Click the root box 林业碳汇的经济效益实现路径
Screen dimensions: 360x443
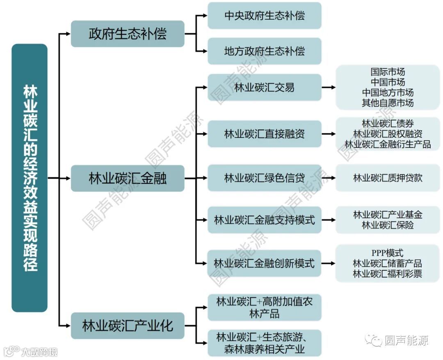click(x=30, y=178)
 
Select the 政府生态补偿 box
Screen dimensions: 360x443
click(x=128, y=34)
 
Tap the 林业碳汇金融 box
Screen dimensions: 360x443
click(x=128, y=178)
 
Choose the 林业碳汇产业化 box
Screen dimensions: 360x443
click(x=128, y=326)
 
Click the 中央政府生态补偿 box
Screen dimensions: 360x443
click(x=264, y=16)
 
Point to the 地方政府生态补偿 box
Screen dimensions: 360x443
click(x=264, y=51)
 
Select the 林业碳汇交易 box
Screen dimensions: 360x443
click(x=264, y=87)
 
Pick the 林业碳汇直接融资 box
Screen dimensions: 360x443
click(x=264, y=134)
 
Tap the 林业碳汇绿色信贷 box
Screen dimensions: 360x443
click(x=264, y=178)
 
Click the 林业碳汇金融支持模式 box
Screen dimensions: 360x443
click(x=264, y=220)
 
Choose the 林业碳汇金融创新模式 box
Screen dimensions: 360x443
click(x=264, y=263)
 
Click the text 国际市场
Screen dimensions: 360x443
click(x=387, y=72)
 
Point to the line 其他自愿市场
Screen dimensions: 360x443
click(x=387, y=103)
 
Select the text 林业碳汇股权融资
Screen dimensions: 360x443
click(x=387, y=134)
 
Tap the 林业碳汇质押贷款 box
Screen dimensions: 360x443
click(x=387, y=178)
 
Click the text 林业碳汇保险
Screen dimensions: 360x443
click(x=387, y=225)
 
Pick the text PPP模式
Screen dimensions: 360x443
click(x=387, y=253)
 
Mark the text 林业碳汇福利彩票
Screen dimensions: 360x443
click(x=387, y=274)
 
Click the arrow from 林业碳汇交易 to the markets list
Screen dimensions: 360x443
click(x=328, y=87)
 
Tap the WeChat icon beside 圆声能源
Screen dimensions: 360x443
click(x=374, y=340)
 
